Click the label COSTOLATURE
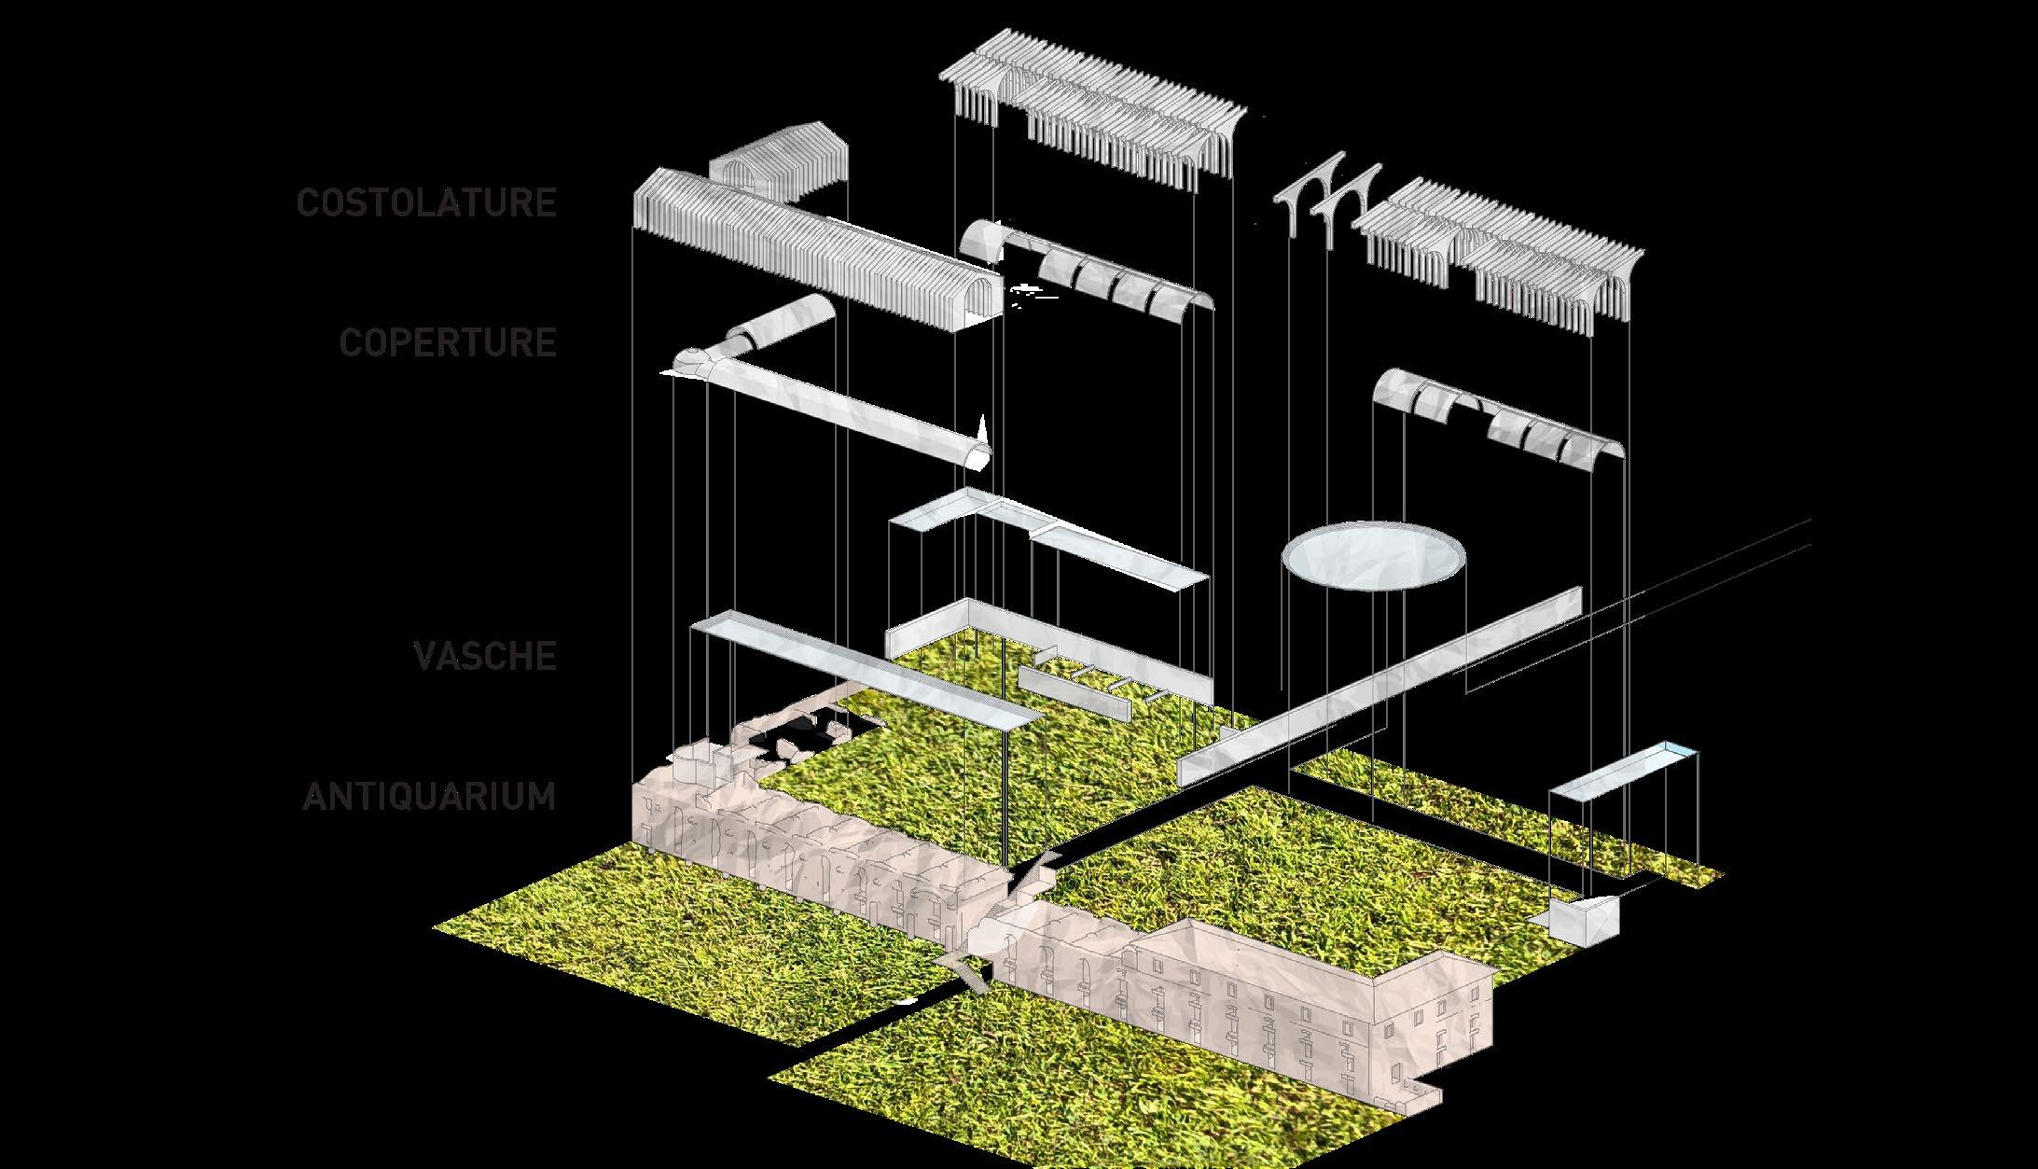(426, 202)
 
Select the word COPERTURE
(448, 342)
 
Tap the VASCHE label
(485, 656)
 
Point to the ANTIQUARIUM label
(429, 797)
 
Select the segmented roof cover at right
(1502, 420)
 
